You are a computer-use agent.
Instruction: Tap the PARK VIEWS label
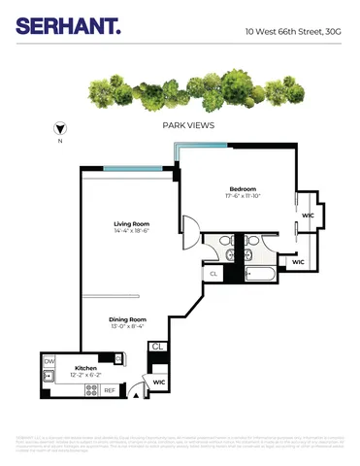[x=188, y=125]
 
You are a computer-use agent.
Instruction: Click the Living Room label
[x=129, y=223]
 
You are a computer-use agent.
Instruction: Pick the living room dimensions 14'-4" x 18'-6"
[x=129, y=231]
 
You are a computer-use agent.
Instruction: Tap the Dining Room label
[x=126, y=319]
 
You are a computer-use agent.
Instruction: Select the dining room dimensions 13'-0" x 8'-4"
[x=126, y=327]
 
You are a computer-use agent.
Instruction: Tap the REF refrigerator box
[x=109, y=390]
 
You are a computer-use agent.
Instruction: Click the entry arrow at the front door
[x=137, y=393]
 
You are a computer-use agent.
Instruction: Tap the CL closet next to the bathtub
[x=213, y=274]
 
